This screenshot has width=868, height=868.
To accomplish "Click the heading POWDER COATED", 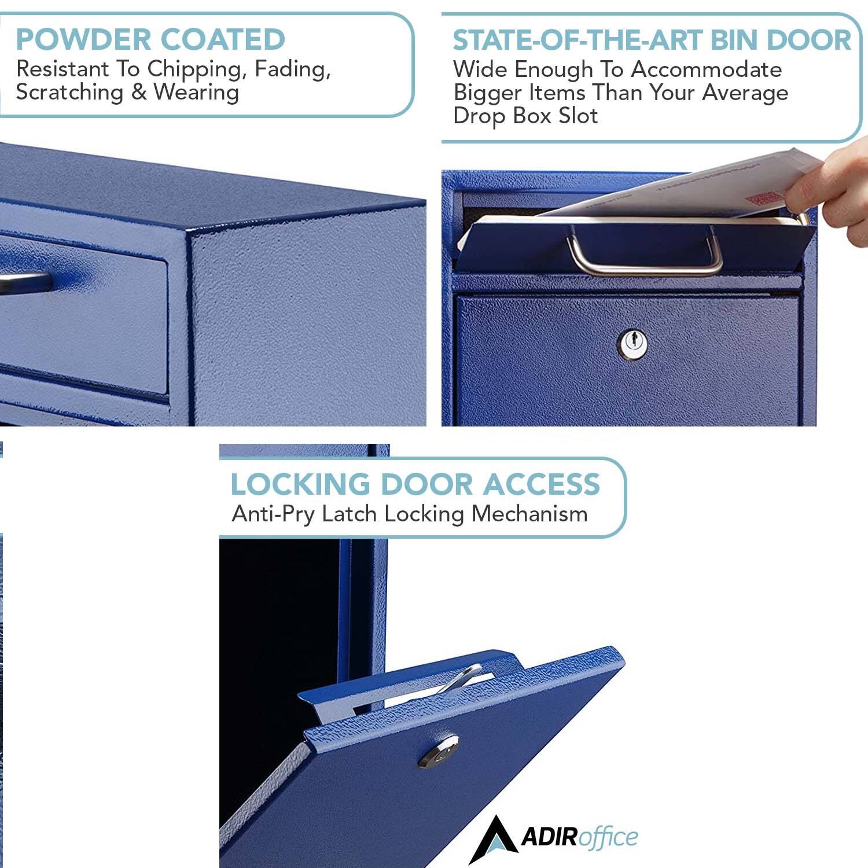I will tap(150, 39).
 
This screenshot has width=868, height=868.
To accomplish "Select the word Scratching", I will tap(69, 92).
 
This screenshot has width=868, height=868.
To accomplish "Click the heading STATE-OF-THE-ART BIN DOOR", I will tap(652, 40).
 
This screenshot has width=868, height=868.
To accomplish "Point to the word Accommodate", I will tap(706, 69).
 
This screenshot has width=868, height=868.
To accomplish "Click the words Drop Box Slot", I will tap(525, 116).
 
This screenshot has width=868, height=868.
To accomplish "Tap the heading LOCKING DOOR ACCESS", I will tap(415, 484).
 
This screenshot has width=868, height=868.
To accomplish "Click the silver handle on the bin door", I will tap(645, 267).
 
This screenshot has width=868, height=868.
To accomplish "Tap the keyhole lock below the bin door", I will tap(633, 343).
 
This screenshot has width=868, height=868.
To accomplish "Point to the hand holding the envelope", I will tap(833, 191).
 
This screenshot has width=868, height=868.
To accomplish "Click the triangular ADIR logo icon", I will tap(492, 838).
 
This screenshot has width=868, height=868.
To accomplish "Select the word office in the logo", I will tap(608, 837).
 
